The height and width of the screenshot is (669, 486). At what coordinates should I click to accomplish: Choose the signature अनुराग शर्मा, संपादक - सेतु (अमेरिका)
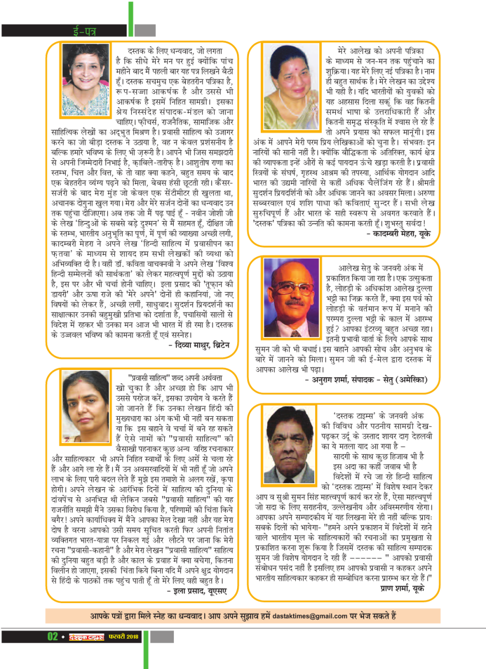366,380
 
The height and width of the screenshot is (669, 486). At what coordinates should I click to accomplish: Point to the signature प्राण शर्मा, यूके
403,588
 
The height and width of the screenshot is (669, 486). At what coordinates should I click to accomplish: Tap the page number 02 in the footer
52,637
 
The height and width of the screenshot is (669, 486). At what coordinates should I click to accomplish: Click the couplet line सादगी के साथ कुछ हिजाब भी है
378,456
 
